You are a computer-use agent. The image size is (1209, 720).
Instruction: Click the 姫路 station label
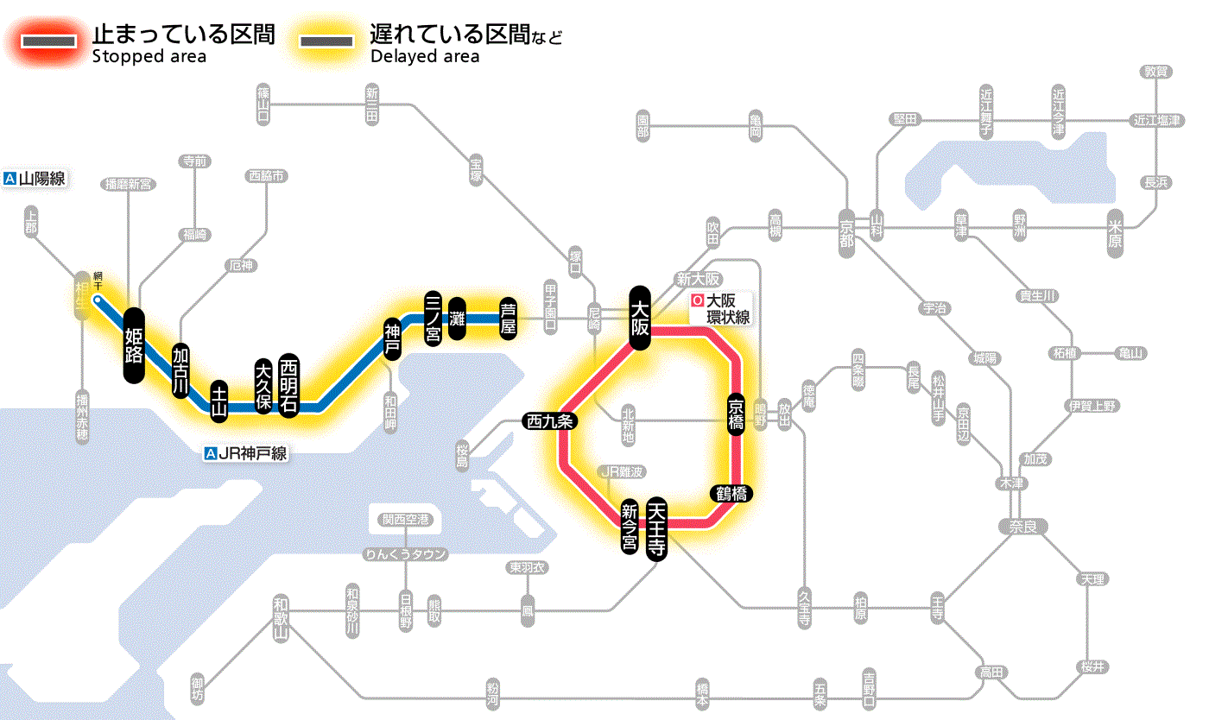[134, 345]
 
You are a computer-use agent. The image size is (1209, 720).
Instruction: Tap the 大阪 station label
[640, 318]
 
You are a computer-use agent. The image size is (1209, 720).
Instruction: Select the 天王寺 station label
[657, 530]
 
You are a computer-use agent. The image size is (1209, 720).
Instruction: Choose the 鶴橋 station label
[731, 494]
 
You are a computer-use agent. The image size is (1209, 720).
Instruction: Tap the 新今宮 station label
[630, 527]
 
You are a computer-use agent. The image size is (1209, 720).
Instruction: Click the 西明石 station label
[288, 385]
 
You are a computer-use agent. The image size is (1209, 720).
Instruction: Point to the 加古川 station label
[180, 370]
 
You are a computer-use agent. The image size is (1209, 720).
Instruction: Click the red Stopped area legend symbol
[51, 41]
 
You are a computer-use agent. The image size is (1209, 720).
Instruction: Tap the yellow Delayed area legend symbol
[326, 41]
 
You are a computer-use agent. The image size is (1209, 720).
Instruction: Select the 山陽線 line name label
[36, 179]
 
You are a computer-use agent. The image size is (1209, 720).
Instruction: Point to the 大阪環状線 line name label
[721, 308]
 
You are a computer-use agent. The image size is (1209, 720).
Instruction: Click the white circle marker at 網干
[98, 300]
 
